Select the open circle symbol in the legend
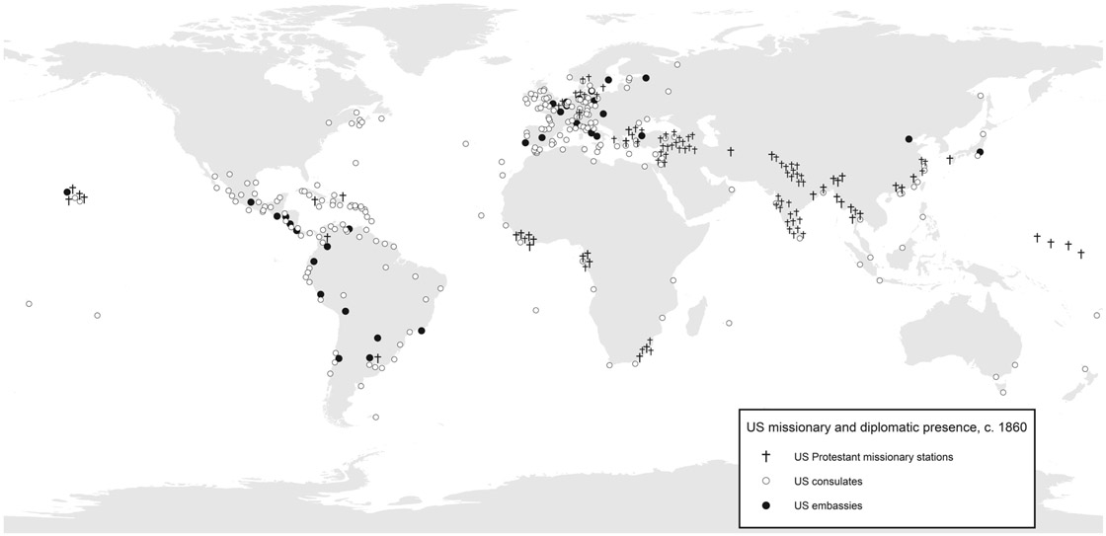point(764,481)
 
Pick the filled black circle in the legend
point(764,505)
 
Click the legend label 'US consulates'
point(828,482)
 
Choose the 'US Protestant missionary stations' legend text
point(873,457)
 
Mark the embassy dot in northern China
point(908,139)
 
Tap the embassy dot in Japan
point(979,152)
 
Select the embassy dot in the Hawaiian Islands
point(67,191)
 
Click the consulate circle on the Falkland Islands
point(376,418)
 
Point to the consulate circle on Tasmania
point(1003,392)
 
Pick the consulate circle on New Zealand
point(1085,369)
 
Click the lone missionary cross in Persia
point(731,151)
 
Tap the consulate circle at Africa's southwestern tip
point(609,364)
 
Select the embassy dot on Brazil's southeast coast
point(422,331)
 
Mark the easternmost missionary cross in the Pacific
point(1082,253)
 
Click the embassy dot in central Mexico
point(251,202)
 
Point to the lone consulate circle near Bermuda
point(355,162)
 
